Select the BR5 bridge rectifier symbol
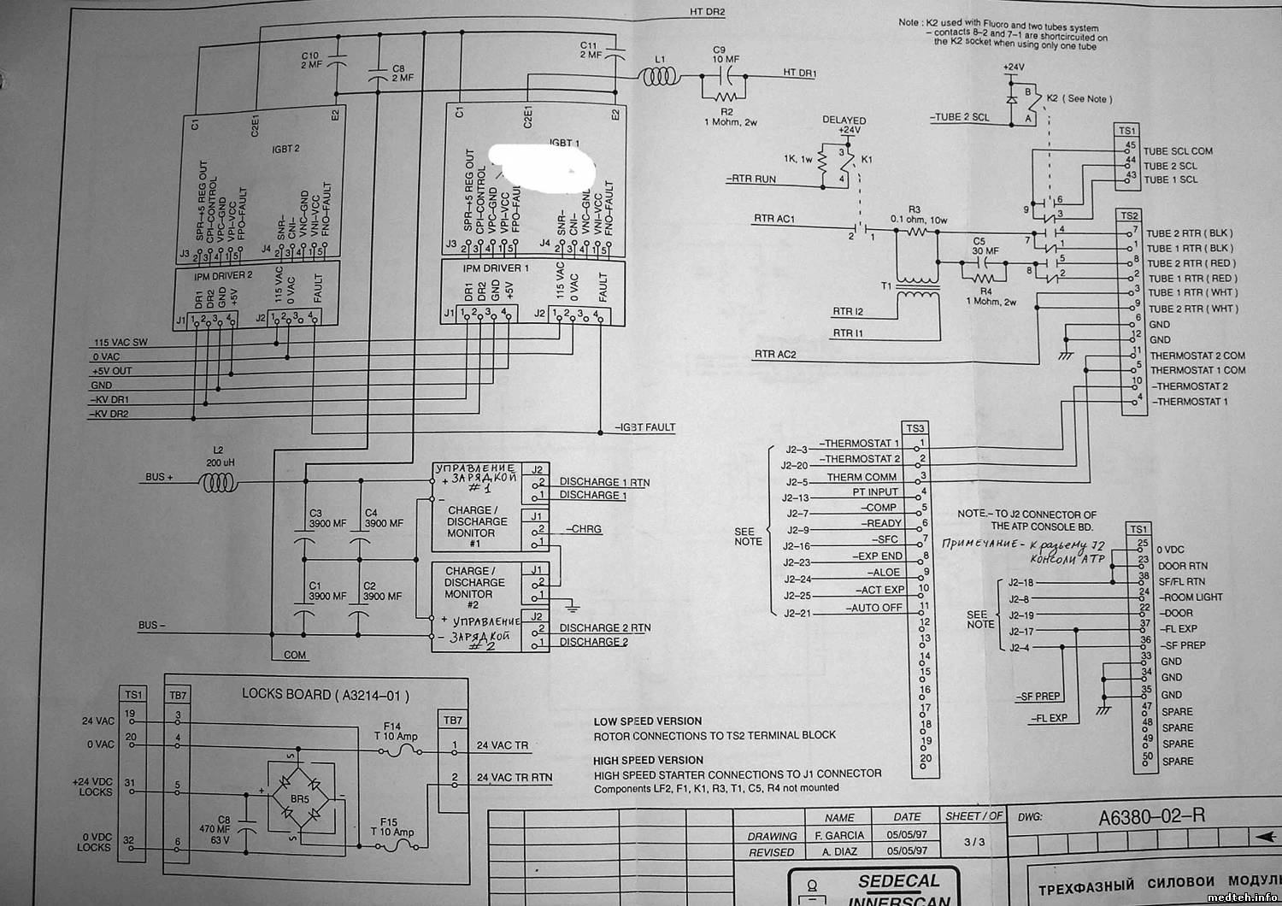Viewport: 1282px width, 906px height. [300, 799]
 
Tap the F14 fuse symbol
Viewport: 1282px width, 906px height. [399, 751]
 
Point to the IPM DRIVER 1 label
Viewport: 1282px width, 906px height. [497, 268]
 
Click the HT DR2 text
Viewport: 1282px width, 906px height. [707, 12]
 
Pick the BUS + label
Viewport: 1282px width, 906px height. [159, 476]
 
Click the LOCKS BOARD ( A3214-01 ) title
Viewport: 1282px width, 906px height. [325, 695]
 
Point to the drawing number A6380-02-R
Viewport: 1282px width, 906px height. [1152, 816]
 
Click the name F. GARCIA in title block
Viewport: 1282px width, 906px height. [839, 835]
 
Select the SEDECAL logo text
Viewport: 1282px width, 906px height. [898, 881]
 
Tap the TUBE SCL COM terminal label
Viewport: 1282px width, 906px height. [1178, 151]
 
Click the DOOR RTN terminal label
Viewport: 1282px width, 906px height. [1182, 566]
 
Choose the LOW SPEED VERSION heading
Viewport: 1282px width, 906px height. [648, 721]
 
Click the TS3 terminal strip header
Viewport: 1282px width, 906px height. [914, 428]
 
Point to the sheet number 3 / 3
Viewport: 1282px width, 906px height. [973, 842]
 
